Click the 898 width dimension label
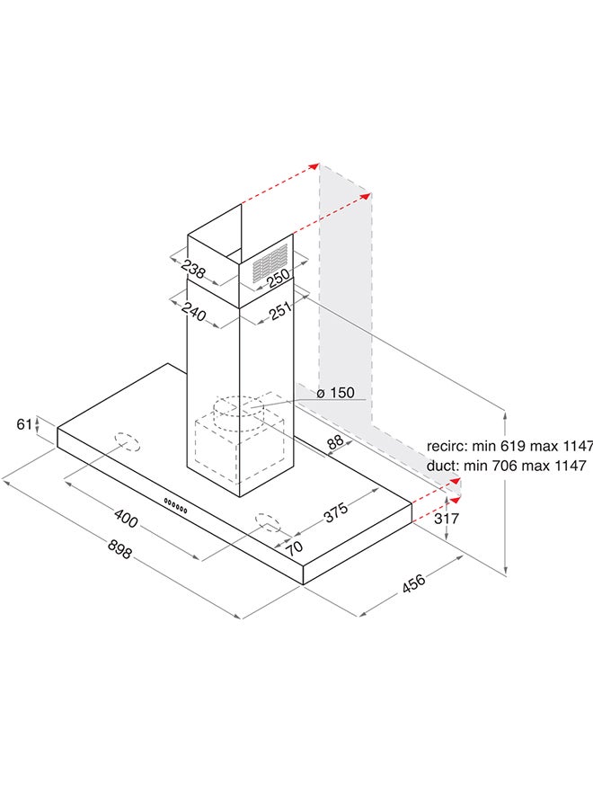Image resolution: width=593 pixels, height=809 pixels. pos(120,548)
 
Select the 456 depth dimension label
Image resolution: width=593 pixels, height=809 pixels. pos(414,582)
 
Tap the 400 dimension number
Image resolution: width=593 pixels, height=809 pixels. pos(126,518)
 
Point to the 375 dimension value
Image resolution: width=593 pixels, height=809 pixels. pos(336,511)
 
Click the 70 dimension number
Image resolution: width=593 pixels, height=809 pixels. pos(295,547)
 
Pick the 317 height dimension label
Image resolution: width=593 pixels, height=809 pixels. pos(446,518)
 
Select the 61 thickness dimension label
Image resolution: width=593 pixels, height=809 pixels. pos(25,424)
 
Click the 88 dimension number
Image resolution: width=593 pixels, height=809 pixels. pos(335,441)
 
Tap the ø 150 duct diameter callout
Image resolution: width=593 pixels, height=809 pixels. pos(336,393)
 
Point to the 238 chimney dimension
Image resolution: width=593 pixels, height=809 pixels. pos(193,269)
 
